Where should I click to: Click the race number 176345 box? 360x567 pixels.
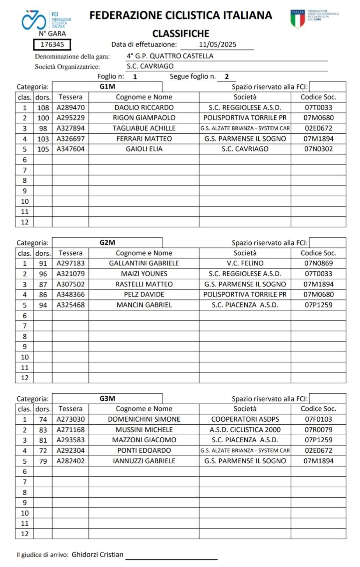pos(52,44)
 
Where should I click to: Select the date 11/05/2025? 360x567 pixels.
pos(217,44)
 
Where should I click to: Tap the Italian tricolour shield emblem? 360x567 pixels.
pos(298,19)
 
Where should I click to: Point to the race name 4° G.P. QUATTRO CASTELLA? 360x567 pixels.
pos(170,56)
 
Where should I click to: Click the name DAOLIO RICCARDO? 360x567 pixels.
pos(144,108)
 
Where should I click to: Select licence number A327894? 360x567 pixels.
pos(71,128)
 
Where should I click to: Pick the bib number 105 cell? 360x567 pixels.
pos(43,149)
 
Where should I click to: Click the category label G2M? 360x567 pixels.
pos(107,242)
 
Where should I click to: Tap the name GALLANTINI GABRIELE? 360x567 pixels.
pos(144,263)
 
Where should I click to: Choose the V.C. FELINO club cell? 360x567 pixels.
pos(245,263)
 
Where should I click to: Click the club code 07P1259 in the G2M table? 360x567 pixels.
pos(318,305)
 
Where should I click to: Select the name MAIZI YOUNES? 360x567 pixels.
pos(144,274)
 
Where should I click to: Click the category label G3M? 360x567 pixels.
pos(107,398)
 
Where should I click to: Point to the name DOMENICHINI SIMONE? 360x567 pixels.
pos(144,419)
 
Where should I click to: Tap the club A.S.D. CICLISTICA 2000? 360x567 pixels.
pos(245,430)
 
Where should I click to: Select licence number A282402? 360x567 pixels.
pos(71,461)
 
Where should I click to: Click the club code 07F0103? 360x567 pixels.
pos(318,419)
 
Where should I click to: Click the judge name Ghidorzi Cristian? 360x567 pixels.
pos(97,555)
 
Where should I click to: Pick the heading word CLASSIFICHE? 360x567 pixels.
pos(180,34)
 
